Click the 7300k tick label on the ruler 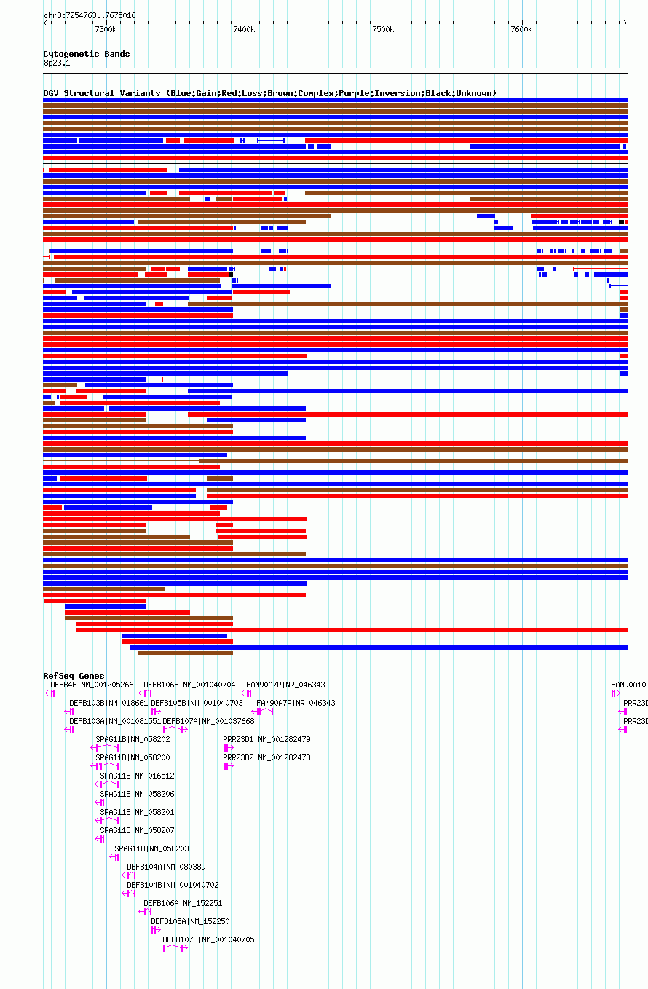pyautogui.click(x=106, y=29)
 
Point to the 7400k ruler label pyautogui.click(x=244, y=29)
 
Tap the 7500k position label pyautogui.click(x=383, y=29)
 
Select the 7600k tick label pyautogui.click(x=521, y=29)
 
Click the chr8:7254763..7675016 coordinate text pyautogui.click(x=90, y=15)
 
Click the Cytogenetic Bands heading pyautogui.click(x=86, y=54)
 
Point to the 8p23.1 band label pyautogui.click(x=57, y=63)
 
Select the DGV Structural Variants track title pyautogui.click(x=269, y=93)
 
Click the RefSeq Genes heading pyautogui.click(x=74, y=676)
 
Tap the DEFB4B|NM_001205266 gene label pyautogui.click(x=92, y=685)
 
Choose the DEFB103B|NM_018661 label pyautogui.click(x=108, y=703)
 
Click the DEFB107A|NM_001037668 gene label pyautogui.click(x=208, y=721)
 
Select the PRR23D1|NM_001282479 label pyautogui.click(x=266, y=739)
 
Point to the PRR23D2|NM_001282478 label pyautogui.click(x=266, y=757)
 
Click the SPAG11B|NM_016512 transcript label pyautogui.click(x=137, y=776)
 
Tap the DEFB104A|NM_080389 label pyautogui.click(x=166, y=867)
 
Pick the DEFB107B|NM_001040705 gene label pyautogui.click(x=208, y=939)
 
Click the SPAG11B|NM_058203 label pyautogui.click(x=151, y=848)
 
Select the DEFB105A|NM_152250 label pyautogui.click(x=190, y=921)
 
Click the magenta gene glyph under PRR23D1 pyautogui.click(x=228, y=748)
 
